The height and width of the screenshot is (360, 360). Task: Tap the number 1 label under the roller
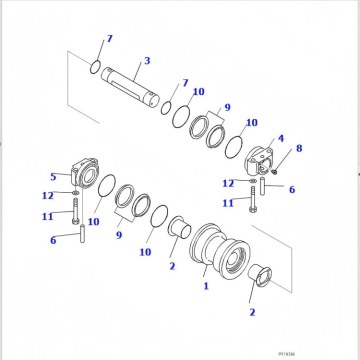(x=207, y=286)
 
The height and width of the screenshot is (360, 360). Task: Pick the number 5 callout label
(x=53, y=178)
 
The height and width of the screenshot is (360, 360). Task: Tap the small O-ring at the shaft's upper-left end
(x=93, y=69)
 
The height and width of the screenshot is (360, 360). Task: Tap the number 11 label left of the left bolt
(x=46, y=215)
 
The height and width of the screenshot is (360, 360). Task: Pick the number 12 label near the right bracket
(x=228, y=182)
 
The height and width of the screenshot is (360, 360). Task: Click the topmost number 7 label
(x=110, y=38)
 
